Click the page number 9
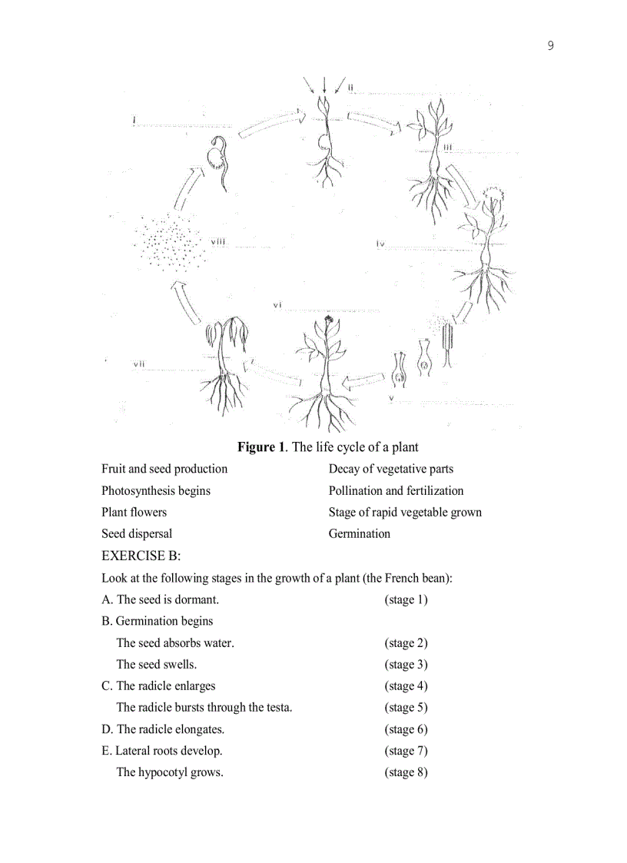click(550, 45)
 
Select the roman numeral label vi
click(278, 305)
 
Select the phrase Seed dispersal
click(137, 533)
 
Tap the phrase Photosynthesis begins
click(156, 490)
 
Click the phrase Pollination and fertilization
click(396, 490)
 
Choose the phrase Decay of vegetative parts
click(390, 469)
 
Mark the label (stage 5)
click(406, 707)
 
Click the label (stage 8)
click(406, 772)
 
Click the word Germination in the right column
click(359, 533)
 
